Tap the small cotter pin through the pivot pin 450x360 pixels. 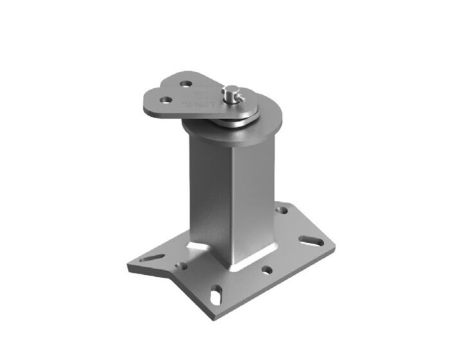236,98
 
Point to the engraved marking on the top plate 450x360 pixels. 200,98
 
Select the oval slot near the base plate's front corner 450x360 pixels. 218,292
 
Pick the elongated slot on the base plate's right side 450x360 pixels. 310,242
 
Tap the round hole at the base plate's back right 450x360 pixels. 282,209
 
